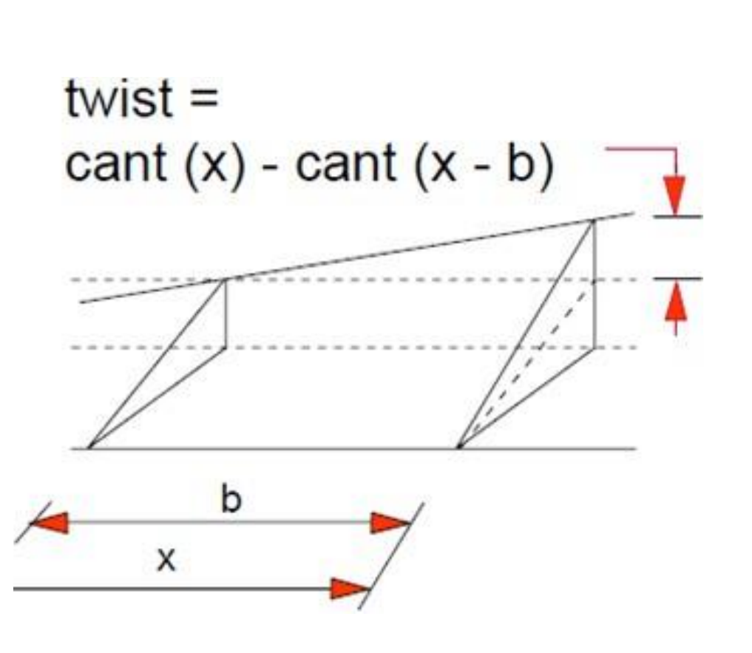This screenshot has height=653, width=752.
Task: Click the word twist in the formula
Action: [x=118, y=98]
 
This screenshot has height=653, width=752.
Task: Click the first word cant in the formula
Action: [x=115, y=163]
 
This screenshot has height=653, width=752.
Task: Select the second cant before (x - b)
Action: [x=346, y=163]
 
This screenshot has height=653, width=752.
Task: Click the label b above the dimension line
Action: [x=231, y=499]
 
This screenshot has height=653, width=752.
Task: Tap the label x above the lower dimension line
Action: [x=166, y=559]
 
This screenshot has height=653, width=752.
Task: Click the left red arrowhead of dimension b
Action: [x=50, y=523]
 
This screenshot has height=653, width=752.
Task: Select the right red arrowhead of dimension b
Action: [x=390, y=523]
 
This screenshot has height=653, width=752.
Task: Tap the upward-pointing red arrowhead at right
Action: [x=676, y=301]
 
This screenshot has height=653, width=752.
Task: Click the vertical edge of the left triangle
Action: [x=225, y=314]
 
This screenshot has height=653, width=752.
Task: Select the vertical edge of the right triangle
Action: [x=595, y=284]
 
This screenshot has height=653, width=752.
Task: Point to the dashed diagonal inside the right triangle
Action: [x=526, y=364]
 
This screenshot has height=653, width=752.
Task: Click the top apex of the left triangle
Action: [x=225, y=280]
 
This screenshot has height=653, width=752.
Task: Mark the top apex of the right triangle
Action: [x=595, y=220]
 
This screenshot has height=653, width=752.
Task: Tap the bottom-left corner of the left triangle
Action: [x=89, y=449]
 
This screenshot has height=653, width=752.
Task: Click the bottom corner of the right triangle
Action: [x=459, y=448]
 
